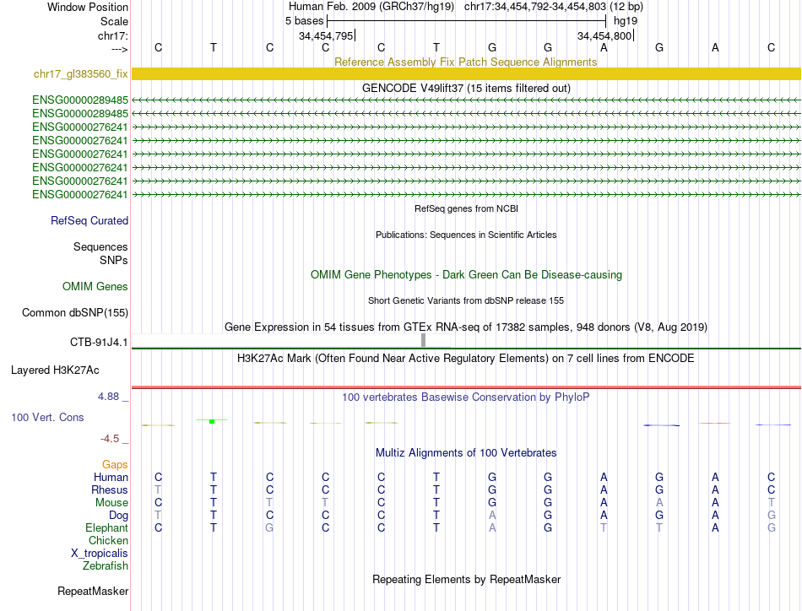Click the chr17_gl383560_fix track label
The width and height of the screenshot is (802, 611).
click(x=81, y=74)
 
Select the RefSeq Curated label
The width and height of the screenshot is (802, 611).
click(x=89, y=221)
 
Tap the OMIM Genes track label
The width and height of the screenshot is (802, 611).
click(x=95, y=287)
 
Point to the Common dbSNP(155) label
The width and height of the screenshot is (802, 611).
click(x=75, y=313)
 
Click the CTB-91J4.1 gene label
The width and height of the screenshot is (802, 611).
click(x=99, y=342)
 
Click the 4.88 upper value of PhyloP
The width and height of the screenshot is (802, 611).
click(x=111, y=395)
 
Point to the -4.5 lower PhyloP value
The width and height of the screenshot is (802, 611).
click(x=114, y=438)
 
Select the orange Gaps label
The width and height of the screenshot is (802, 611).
click(x=115, y=465)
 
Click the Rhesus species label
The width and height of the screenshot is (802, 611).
click(x=110, y=490)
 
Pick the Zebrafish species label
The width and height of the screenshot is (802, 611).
click(x=106, y=566)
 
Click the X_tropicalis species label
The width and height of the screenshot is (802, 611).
click(x=100, y=554)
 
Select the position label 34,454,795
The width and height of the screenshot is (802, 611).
click(x=326, y=36)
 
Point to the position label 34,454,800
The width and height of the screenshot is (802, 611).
click(x=604, y=36)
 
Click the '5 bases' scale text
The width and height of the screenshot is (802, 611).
click(x=304, y=19)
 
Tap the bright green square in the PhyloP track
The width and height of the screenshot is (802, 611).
click(x=212, y=421)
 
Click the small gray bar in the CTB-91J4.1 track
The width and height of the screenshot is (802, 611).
click(x=423, y=340)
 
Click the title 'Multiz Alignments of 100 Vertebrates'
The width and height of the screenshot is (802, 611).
click(x=466, y=453)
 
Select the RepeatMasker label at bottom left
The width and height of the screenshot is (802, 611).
click(x=92, y=591)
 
